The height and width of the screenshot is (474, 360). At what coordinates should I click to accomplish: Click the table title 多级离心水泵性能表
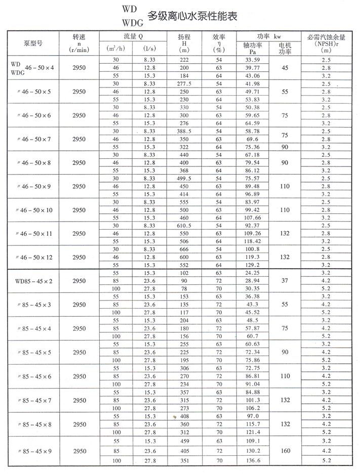point(191,16)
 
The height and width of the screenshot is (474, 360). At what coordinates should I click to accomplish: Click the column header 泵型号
point(33,44)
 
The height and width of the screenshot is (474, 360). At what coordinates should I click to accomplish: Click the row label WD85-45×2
point(33,280)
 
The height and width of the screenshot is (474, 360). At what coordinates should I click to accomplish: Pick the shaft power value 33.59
point(252,59)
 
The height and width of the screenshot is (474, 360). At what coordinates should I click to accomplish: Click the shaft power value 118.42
point(252,242)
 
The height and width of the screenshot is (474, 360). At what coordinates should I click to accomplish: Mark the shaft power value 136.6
point(252,460)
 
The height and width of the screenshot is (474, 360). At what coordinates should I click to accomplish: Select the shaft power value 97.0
point(252,415)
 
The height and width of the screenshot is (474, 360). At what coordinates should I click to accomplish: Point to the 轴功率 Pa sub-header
point(252,48)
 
